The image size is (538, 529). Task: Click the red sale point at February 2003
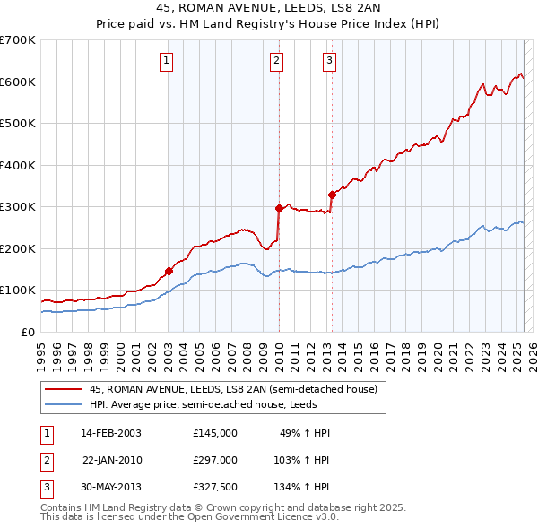pos(169,271)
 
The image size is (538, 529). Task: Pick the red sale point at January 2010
pos(279,208)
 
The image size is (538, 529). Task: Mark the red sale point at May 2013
pos(332,195)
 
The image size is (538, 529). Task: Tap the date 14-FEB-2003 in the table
pos(110,433)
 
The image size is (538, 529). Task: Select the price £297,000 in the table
pos(215,460)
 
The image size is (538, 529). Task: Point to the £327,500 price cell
pos(215,487)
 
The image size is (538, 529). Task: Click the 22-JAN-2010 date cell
pos(112,460)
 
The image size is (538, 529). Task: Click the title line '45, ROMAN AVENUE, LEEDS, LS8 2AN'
pos(269,10)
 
